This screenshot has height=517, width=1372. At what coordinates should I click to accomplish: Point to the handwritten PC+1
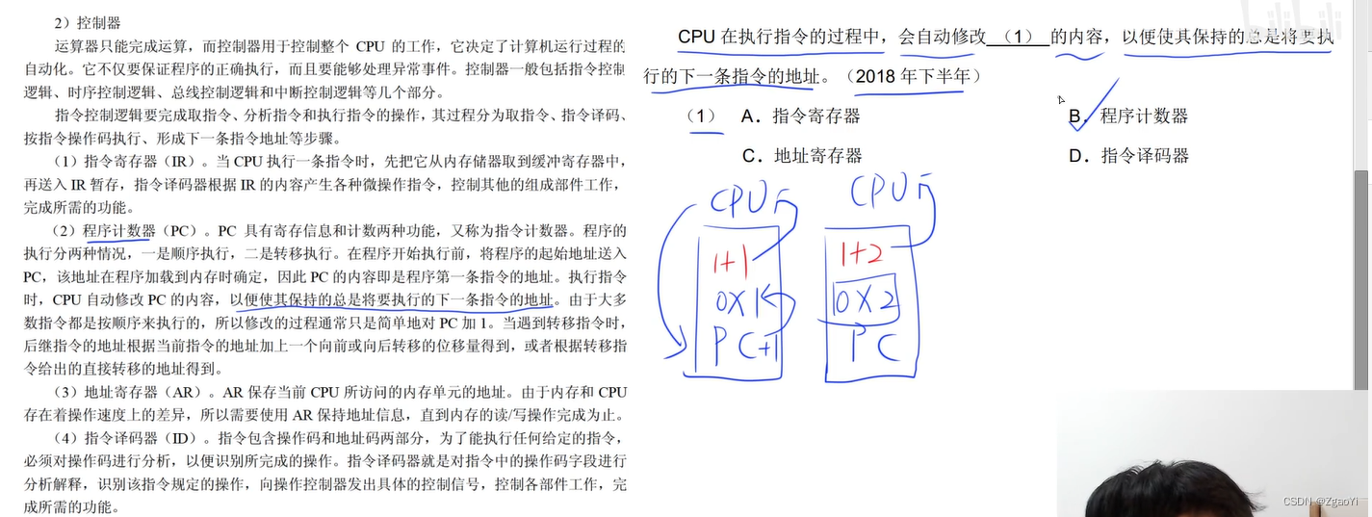coord(746,345)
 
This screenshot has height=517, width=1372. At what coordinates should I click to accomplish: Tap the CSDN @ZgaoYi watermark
coord(1320,502)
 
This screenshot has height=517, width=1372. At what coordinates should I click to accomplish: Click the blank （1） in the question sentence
coord(1018,38)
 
